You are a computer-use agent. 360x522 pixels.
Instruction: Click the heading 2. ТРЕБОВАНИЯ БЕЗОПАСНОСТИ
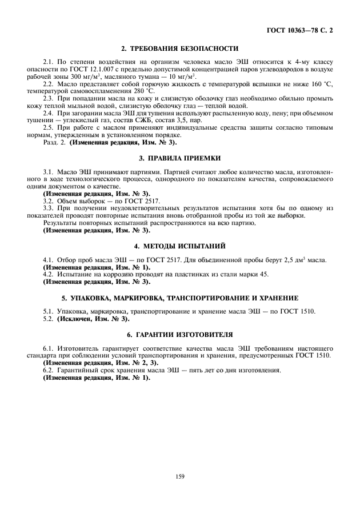coord(180,48)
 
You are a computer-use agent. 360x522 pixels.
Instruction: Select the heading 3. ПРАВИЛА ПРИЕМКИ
coord(180,156)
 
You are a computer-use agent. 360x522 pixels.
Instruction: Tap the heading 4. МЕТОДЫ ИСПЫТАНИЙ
coord(180,246)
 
